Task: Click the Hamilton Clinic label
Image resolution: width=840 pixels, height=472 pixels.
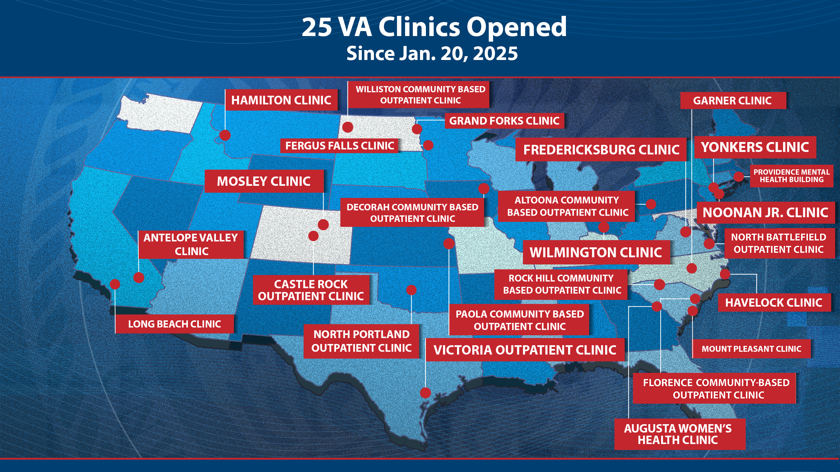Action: (x=281, y=100)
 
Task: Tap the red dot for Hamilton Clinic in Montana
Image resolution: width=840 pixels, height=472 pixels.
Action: (x=225, y=135)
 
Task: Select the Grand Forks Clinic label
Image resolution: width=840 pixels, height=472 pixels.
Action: (x=504, y=121)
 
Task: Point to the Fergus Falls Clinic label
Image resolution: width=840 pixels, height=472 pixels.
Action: (x=339, y=146)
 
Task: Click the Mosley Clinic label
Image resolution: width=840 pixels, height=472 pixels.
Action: (x=264, y=181)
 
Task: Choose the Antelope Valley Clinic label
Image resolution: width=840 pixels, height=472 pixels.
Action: (x=191, y=244)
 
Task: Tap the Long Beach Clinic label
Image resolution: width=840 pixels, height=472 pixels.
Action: (x=175, y=324)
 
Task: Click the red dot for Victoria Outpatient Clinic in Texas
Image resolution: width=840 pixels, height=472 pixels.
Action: (x=425, y=392)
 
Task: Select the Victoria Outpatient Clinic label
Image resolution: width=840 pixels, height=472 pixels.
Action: (x=525, y=350)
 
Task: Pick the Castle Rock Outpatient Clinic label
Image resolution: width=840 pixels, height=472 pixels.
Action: (x=311, y=290)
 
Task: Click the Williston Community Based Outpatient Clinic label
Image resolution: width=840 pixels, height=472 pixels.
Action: (x=420, y=94)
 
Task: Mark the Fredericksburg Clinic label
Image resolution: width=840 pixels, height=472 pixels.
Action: (x=601, y=149)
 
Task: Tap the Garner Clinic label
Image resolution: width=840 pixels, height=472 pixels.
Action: (x=732, y=101)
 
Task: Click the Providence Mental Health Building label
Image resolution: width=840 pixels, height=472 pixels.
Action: (x=791, y=176)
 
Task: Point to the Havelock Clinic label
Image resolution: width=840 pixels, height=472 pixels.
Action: (x=773, y=303)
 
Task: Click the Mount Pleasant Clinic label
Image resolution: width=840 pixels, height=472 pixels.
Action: (x=751, y=349)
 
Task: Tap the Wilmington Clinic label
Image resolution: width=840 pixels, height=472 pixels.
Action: (x=596, y=252)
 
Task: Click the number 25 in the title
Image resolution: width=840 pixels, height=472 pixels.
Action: (x=317, y=27)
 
